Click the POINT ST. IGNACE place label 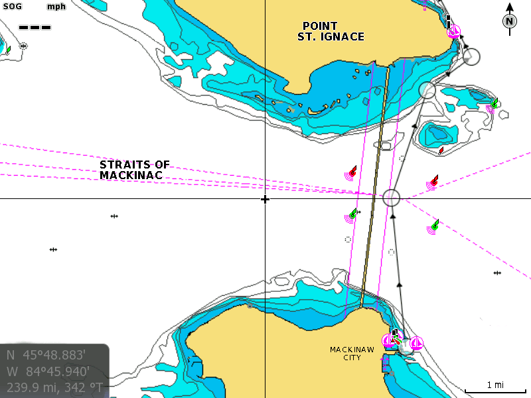pyautogui.click(x=331, y=31)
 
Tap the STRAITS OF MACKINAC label pyautogui.click(x=135, y=170)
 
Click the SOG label pyautogui.click(x=13, y=7)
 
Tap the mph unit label pyautogui.click(x=56, y=7)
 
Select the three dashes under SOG pyautogui.click(x=35, y=27)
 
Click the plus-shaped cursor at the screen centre pyautogui.click(x=265, y=199)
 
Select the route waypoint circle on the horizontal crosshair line pyautogui.click(x=392, y=198)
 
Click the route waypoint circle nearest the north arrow pyautogui.click(x=471, y=56)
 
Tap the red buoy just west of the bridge pyautogui.click(x=352, y=172)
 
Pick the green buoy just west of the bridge pyautogui.click(x=352, y=215)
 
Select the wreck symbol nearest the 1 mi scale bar pyautogui.click(x=497, y=273)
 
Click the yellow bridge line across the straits pyautogui.click(x=374, y=186)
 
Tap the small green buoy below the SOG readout pyautogui.click(x=7, y=50)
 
